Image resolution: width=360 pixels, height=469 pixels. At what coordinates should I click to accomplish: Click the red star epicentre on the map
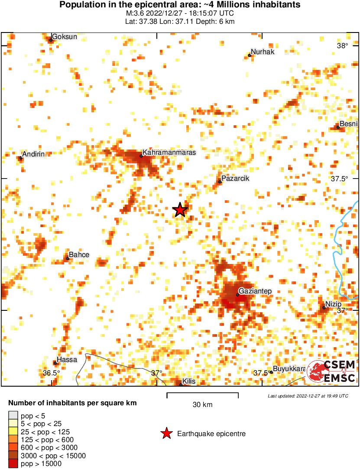[x=180, y=210]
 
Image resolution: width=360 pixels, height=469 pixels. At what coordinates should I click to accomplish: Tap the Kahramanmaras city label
[x=169, y=153]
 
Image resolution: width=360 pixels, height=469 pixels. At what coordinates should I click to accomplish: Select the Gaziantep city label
[x=255, y=292]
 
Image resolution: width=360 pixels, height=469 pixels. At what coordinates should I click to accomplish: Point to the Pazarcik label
[x=235, y=179]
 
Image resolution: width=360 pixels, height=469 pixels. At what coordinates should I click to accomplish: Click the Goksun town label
[x=65, y=37]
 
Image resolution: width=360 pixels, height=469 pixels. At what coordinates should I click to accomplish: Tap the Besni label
[x=348, y=124]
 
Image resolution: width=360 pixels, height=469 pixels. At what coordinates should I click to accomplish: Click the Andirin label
[x=33, y=155]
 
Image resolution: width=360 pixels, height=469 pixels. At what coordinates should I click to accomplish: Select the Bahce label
[x=79, y=255]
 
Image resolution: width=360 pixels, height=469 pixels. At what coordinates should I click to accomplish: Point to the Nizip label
[x=333, y=304]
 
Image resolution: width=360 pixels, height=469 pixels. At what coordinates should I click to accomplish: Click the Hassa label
[x=67, y=360]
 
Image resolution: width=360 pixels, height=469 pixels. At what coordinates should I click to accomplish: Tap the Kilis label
[x=189, y=381]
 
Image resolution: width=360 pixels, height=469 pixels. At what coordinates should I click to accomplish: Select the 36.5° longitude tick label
[x=51, y=373]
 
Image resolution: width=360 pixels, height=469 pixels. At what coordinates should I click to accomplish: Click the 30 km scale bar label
[x=202, y=405]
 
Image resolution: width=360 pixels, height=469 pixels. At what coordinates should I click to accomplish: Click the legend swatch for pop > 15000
[x=13, y=463]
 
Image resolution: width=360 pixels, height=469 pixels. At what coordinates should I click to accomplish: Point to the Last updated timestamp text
[x=308, y=396]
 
